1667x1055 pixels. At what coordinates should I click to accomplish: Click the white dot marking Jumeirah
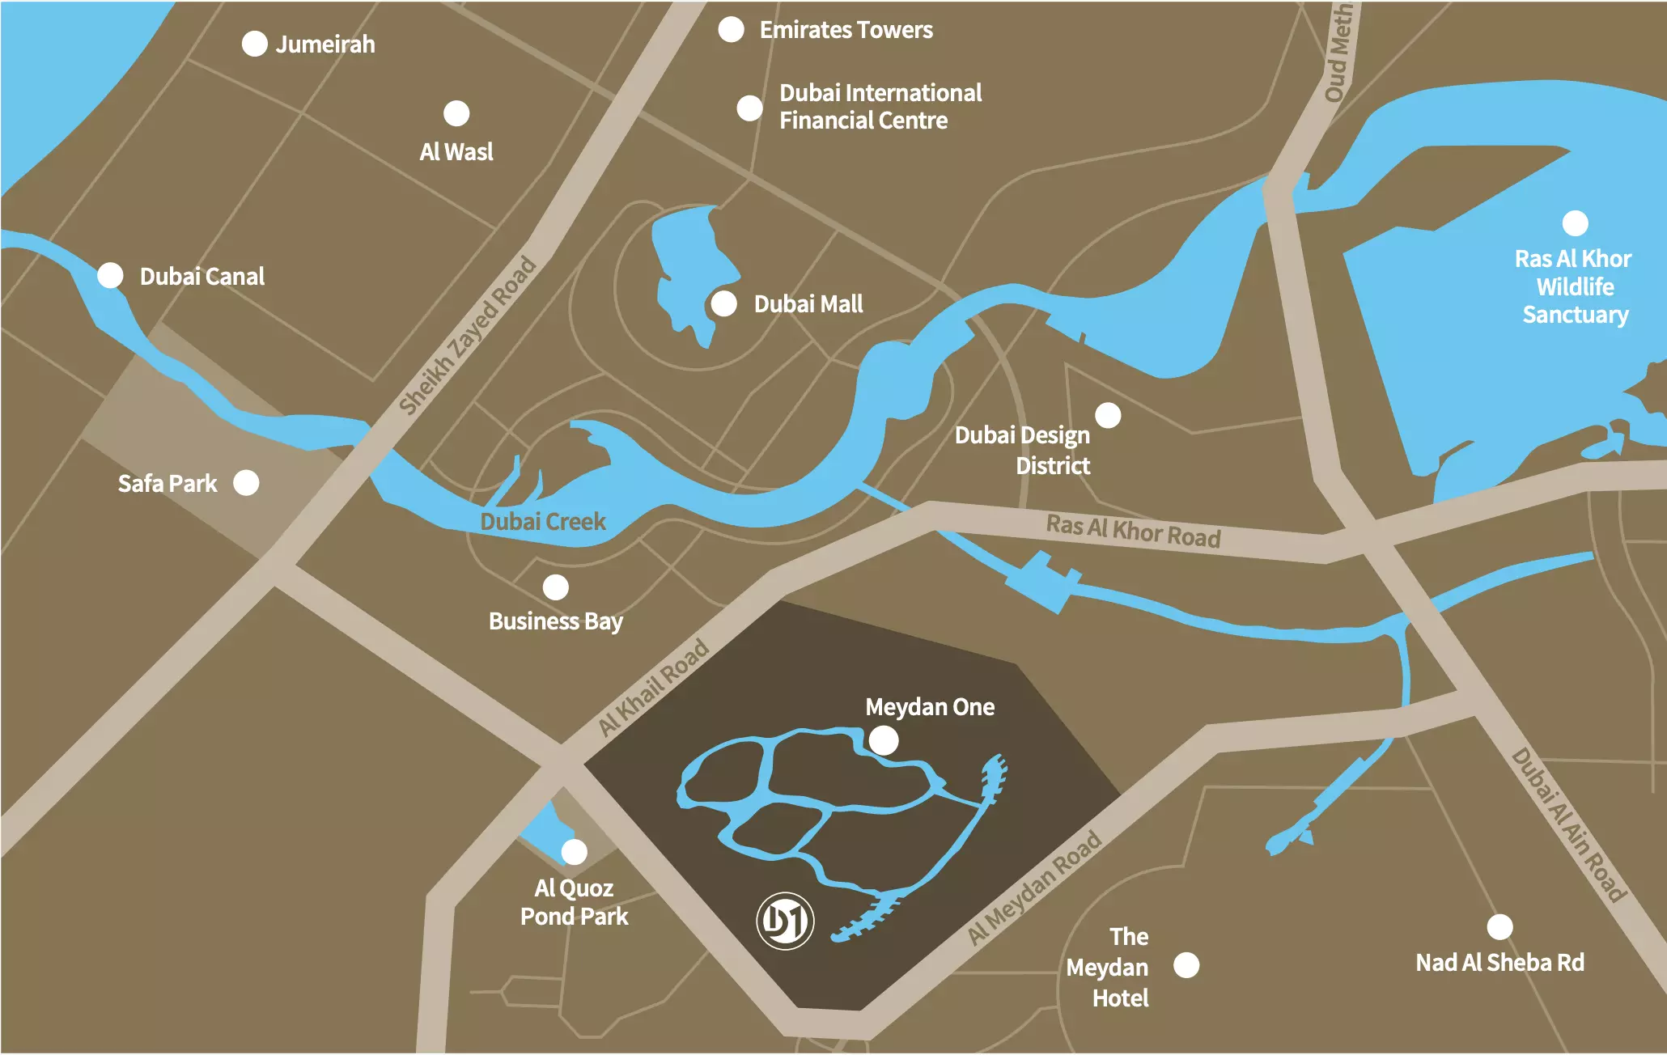(254, 44)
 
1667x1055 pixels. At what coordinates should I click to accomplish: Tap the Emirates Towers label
(846, 30)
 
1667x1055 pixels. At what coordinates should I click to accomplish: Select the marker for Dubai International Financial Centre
(749, 108)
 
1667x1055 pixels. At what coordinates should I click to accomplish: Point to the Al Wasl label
(456, 151)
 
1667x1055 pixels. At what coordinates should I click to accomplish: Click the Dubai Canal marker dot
(110, 275)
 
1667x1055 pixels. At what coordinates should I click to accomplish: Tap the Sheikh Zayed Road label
(468, 334)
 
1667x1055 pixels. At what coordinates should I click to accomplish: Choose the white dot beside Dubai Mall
(723, 303)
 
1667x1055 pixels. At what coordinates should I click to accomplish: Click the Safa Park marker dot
(246, 482)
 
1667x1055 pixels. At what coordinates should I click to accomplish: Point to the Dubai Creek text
(542, 521)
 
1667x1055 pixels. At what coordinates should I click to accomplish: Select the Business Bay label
(555, 621)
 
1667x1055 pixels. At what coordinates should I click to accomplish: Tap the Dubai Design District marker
(1108, 415)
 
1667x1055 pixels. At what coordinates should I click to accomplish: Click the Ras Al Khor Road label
(1133, 531)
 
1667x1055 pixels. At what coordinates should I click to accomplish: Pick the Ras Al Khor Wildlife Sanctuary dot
(1575, 222)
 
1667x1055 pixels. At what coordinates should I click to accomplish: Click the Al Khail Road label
(654, 687)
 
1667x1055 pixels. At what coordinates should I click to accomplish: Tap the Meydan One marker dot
(883, 739)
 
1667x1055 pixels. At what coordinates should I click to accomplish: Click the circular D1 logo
(785, 920)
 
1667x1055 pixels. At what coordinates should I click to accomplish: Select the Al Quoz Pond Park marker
(574, 851)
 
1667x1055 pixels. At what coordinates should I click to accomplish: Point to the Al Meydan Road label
(1035, 887)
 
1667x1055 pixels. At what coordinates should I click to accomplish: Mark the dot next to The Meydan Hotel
(1186, 964)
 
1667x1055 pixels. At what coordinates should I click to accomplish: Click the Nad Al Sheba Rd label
(1499, 962)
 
